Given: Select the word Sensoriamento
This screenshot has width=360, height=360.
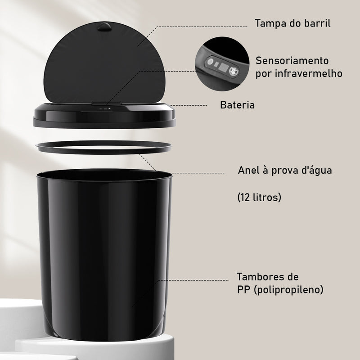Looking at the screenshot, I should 292,60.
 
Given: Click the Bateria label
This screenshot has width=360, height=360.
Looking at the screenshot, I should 237,105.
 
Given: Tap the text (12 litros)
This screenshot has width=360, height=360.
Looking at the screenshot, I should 259,197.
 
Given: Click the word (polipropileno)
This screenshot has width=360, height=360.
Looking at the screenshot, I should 288,290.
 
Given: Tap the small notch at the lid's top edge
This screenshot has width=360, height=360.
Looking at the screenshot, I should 105,27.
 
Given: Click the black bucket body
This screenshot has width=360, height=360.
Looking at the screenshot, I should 103,252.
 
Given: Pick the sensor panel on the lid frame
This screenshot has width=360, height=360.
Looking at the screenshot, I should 103,108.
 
